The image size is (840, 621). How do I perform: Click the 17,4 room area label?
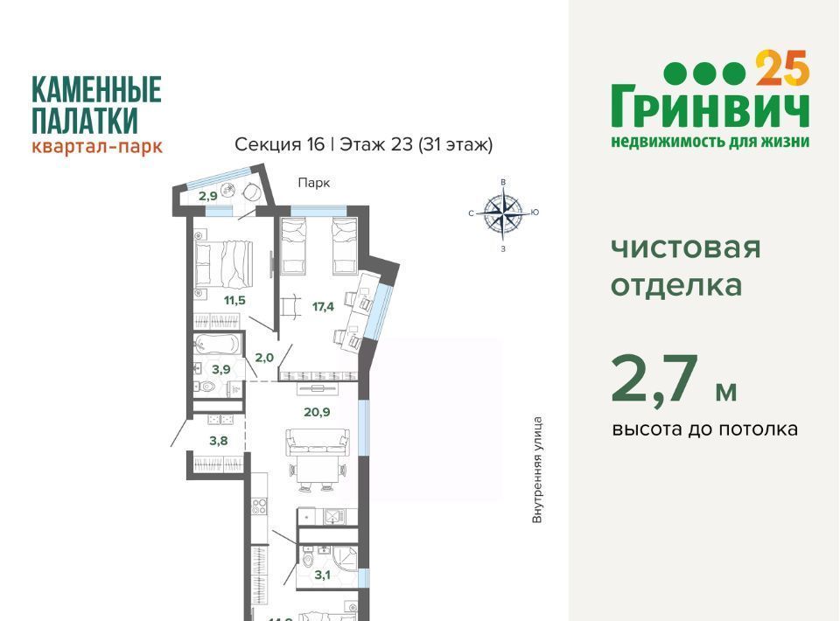click(323, 307)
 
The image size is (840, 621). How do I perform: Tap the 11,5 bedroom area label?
click(234, 300)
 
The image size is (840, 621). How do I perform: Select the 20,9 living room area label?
click(317, 412)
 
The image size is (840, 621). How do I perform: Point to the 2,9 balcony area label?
click(208, 196)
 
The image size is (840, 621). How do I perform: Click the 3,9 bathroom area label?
click(220, 369)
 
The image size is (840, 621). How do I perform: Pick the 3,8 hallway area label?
click(219, 441)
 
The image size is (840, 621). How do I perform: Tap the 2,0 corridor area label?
click(264, 358)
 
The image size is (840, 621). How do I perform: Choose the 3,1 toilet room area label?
click(323, 576)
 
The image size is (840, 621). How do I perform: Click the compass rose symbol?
click(502, 213)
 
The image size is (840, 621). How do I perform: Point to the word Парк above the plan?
click(314, 183)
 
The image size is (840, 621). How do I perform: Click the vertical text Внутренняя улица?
click(537, 470)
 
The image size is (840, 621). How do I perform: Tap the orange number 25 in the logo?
click(782, 68)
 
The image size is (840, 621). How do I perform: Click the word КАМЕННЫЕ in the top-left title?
click(96, 89)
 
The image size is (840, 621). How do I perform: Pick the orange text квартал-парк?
click(97, 145)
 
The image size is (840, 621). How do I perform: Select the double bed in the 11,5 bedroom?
click(224, 264)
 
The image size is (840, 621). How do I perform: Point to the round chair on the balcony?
click(251, 192)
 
